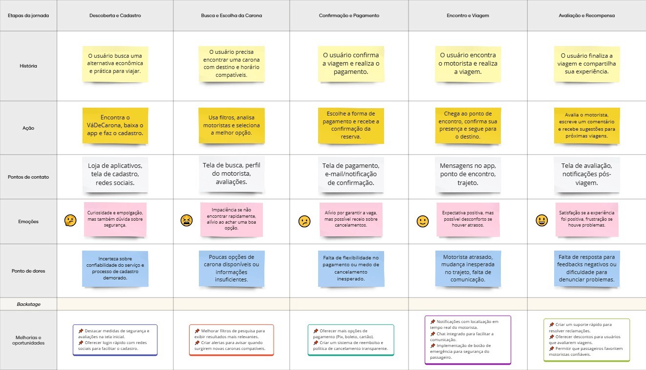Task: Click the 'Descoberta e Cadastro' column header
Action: click(x=115, y=16)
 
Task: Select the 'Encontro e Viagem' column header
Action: click(x=468, y=16)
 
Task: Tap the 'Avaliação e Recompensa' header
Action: click(x=586, y=16)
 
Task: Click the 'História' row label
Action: click(x=28, y=66)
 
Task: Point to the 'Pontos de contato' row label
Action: click(x=28, y=177)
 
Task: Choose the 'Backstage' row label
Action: click(x=28, y=304)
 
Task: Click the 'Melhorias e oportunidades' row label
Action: click(x=28, y=340)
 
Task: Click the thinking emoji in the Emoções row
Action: click(x=70, y=221)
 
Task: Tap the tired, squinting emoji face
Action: click(x=186, y=221)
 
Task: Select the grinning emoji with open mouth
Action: click(x=541, y=221)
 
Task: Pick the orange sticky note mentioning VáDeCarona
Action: click(x=115, y=126)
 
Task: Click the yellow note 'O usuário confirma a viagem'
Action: click(x=350, y=64)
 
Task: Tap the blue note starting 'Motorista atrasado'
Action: click(x=468, y=268)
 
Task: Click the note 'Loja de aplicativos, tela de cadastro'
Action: click(x=115, y=174)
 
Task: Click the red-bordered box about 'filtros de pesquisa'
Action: click(x=231, y=340)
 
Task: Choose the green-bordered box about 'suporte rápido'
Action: click(x=586, y=340)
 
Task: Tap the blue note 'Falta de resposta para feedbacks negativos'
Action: click(x=586, y=268)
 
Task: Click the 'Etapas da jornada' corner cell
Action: click(x=28, y=16)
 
